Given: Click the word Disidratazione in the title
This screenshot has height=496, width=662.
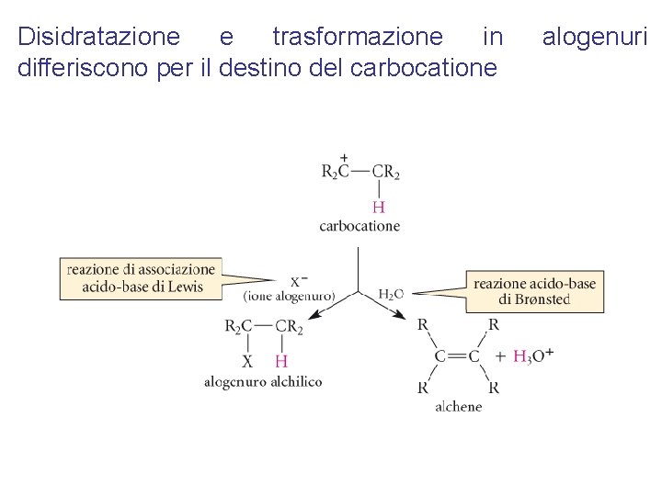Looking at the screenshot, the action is pos(99,37).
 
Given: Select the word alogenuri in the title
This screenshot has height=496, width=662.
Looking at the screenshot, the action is pos(595,37).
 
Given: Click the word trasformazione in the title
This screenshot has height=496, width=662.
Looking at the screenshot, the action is pos(357,37).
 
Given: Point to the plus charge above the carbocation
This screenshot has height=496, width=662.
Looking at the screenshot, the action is pos(344,158).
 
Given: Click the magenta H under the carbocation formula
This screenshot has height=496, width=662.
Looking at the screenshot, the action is pos(378,208).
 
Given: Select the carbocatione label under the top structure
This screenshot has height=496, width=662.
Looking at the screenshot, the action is pos(360,226).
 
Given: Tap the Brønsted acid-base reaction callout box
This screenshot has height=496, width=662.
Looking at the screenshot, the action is pos(534,291).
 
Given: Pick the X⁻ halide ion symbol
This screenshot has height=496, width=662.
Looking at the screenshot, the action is pos(299,281).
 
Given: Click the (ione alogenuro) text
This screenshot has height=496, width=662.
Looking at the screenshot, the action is pos(290,296).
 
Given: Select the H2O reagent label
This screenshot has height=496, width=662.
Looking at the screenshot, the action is pos(391,294).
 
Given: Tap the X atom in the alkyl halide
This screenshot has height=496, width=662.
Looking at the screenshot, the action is pos(246,361).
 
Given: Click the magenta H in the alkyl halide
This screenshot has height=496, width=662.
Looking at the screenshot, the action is pos(281,361).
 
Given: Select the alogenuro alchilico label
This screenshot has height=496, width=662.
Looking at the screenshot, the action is pos(263,381).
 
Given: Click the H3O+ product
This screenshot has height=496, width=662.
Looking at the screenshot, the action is pos(532,356).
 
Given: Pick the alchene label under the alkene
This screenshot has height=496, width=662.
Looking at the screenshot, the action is pos(458,406).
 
